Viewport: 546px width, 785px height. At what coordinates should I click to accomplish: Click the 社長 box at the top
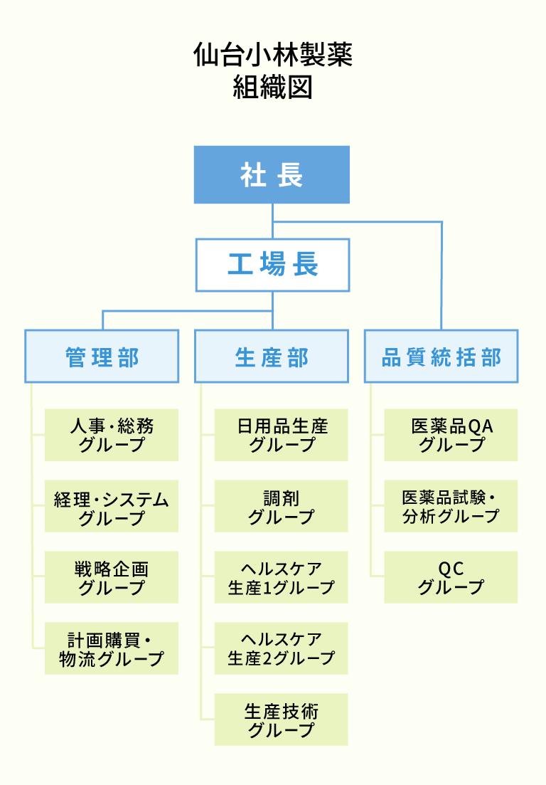coord(272,175)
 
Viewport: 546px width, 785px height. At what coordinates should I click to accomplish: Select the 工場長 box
coord(272,265)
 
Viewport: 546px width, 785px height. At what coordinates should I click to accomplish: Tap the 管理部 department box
coord(102,357)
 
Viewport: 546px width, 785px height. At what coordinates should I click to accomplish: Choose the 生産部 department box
coord(272,357)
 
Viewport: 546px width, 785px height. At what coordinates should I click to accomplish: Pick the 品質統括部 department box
coord(441,357)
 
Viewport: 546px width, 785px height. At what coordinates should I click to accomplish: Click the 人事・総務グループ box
coord(112,435)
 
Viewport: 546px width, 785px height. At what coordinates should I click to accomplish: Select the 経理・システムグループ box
coord(112,506)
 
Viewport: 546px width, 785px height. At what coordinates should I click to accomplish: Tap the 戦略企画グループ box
coord(112,577)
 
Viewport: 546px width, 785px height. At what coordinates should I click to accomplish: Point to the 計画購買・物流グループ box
coord(112,648)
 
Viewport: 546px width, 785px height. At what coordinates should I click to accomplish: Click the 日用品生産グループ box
coord(282,435)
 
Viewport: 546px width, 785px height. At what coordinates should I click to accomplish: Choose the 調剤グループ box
coord(282,506)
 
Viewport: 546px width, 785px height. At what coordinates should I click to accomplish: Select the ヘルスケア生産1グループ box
coord(282,577)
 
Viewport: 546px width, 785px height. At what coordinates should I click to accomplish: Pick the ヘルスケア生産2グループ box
coord(282,648)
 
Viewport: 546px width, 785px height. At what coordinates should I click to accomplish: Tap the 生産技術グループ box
coord(282,720)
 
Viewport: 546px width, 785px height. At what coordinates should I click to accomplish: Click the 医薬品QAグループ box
coord(451,435)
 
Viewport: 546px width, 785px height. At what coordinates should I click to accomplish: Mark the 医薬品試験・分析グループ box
coord(451,506)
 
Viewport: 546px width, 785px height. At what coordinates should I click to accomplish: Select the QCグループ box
coord(451,577)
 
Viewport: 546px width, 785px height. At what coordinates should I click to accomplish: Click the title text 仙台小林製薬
coord(272,56)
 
